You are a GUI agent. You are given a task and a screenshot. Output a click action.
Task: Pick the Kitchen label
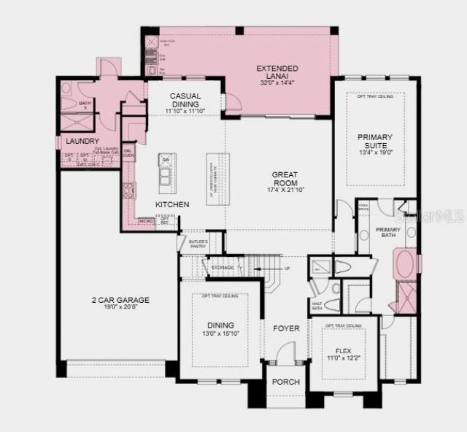click(x=172, y=205)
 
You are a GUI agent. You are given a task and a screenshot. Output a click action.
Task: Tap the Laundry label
click(x=82, y=141)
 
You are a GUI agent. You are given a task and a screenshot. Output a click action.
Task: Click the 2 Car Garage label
click(x=120, y=300)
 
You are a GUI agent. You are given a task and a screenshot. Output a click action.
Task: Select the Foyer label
click(x=287, y=328)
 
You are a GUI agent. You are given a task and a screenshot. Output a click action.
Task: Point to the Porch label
click(x=285, y=382)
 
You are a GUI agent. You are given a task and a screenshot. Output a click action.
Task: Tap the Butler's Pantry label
click(x=198, y=244)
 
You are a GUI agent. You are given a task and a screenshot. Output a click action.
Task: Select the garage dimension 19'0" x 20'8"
click(x=120, y=309)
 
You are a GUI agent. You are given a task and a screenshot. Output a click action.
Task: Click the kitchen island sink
click(x=166, y=175)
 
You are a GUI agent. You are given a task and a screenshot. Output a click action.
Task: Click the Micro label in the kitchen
click(x=146, y=220)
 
